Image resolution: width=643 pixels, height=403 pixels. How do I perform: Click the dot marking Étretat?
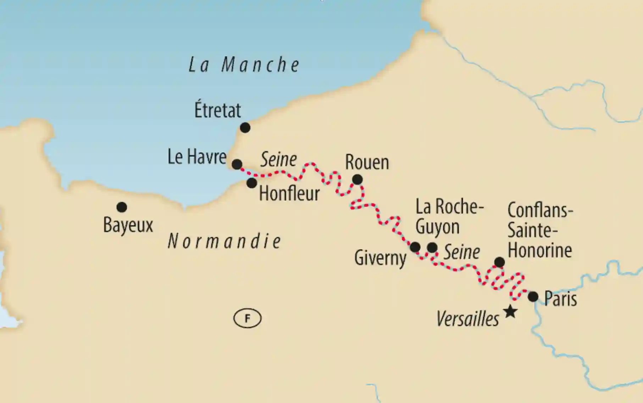coord(245,128)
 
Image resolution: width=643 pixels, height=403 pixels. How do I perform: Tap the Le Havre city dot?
coord(237,164)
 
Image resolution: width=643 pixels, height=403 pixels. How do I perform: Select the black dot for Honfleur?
coord(252,183)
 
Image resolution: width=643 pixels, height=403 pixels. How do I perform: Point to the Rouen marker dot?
coord(357,180)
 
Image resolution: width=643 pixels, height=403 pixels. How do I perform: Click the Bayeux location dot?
coord(122,207)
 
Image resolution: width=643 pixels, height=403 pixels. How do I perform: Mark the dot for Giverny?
coord(415,247)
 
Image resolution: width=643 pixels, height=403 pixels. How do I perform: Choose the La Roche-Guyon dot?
coord(432,248)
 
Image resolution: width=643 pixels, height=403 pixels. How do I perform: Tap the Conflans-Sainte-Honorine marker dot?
coord(499,262)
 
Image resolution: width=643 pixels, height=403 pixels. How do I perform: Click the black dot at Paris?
coord(533,297)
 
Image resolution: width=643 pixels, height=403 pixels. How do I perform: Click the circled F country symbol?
coord(247,318)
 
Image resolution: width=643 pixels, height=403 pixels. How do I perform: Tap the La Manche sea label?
coord(244,65)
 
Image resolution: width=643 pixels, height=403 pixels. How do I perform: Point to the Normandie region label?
coord(225,241)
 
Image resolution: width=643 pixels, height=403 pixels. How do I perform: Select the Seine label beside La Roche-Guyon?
coord(462,252)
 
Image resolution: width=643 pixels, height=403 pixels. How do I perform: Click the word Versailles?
coord(467,319)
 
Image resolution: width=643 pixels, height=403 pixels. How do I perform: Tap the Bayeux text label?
coord(128,225)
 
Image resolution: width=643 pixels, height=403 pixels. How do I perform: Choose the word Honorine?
coord(539,250)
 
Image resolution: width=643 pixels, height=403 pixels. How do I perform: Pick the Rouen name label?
coord(367,162)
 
